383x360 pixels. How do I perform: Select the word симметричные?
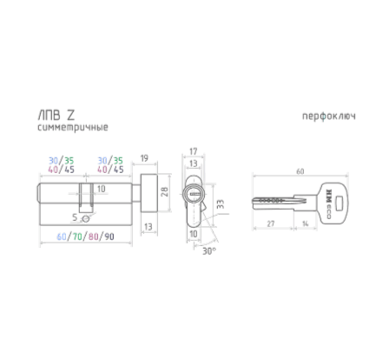tap(73, 128)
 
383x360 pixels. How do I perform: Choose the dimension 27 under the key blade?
tap(273, 224)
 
